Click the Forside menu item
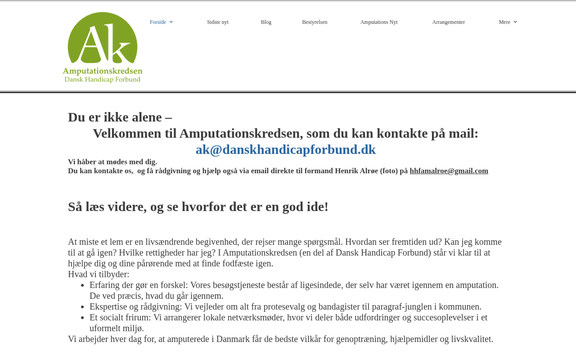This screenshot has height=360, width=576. pos(158,22)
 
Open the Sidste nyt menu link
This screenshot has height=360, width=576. pos(218,22)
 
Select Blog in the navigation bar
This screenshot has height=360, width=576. pos(266,22)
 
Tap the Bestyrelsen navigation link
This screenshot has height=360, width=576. pos(315,22)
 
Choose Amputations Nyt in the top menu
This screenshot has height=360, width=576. pos(379,22)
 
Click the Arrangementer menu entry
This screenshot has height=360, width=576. pos(448,22)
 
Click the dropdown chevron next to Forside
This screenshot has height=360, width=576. pos(171,22)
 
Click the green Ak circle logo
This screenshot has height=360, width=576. pos(103,38)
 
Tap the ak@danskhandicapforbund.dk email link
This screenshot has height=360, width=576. pos(286,149)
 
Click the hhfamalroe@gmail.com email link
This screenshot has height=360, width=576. pos(449,171)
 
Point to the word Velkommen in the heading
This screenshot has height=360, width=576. pos(127,133)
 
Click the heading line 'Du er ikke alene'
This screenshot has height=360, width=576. pos(120,117)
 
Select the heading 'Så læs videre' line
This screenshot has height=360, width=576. pos(198,207)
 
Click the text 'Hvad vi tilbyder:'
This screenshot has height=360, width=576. pos(99,274)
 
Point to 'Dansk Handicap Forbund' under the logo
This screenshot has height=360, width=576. pos(103,80)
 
